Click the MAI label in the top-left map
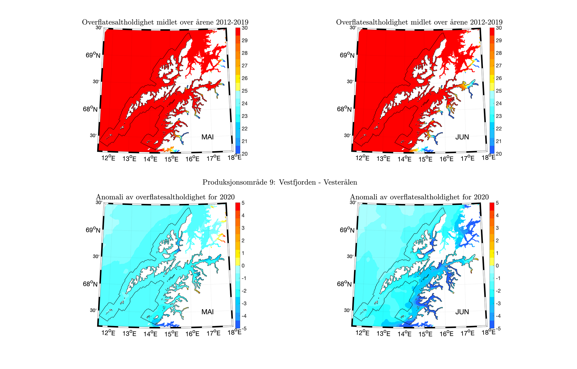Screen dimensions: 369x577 point(207,137)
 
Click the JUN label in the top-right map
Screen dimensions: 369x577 point(462,137)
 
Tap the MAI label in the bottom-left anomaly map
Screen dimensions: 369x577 point(207,312)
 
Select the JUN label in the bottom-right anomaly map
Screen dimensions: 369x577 point(462,312)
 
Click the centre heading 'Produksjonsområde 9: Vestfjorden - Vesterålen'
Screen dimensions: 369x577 point(280,182)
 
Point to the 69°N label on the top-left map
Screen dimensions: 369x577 point(93,55)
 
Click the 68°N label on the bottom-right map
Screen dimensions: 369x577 point(344,284)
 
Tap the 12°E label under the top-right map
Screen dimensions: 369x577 point(362,158)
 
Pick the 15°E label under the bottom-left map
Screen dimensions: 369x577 point(172,333)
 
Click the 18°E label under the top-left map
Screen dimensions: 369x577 point(234,157)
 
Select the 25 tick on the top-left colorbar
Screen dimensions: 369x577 point(245,91)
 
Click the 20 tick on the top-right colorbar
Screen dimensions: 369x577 point(499,154)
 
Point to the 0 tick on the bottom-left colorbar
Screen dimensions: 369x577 point(243,266)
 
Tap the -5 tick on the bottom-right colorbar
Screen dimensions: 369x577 point(498,329)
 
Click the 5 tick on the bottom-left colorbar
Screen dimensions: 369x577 point(243,203)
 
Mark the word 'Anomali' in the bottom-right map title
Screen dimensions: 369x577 point(363,197)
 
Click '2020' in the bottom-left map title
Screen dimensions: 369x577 point(227,197)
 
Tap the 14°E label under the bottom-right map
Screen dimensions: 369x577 point(404,333)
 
